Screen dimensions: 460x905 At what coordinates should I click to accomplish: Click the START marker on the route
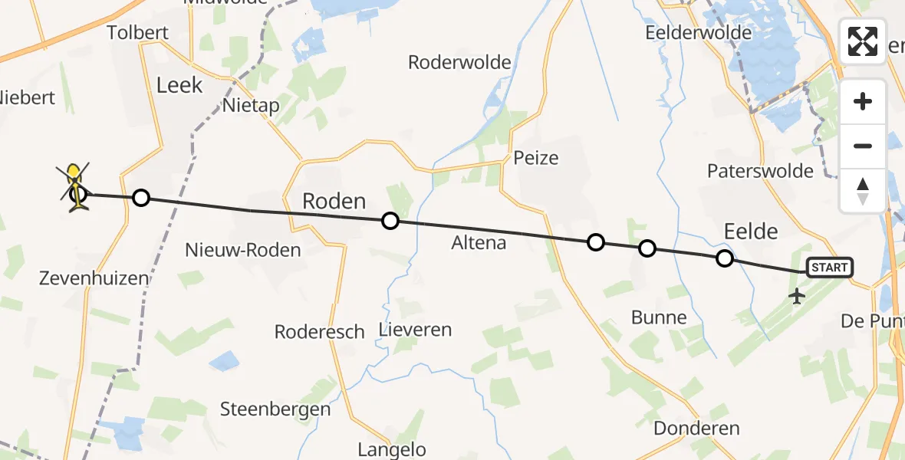(829, 268)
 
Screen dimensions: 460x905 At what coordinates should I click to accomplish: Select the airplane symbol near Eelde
(797, 295)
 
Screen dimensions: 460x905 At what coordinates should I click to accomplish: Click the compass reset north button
(863, 190)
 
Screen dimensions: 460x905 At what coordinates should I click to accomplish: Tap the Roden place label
(334, 202)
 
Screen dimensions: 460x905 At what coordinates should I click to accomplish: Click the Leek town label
(179, 85)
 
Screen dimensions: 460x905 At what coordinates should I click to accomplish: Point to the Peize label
(536, 159)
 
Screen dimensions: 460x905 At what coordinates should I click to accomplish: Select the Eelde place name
(751, 231)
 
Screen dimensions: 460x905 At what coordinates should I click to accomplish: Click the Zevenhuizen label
(94, 278)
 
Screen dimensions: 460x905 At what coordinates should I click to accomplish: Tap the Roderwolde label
(459, 62)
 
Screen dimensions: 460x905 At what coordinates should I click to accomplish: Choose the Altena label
(479, 243)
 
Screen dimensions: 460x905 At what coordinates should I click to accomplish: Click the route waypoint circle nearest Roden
(390, 222)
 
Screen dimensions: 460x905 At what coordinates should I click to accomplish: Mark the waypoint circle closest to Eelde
(724, 258)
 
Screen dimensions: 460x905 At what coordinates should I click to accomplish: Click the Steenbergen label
(275, 409)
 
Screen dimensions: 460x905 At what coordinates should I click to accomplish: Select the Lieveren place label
(415, 330)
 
